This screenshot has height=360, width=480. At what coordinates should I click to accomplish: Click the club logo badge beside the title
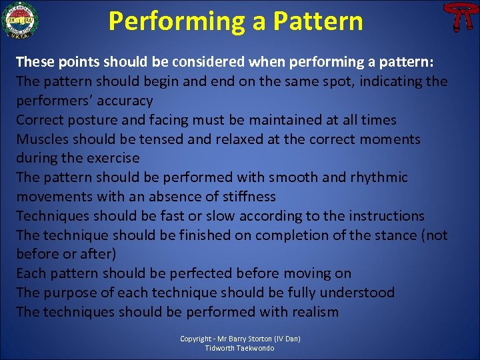[x=19, y=21]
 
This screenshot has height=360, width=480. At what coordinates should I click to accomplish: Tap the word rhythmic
[x=375, y=177]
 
